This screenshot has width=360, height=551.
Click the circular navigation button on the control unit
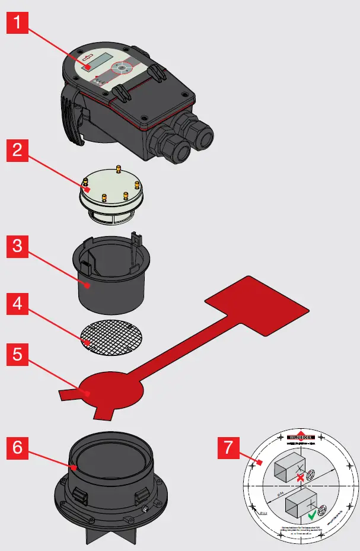[122, 68]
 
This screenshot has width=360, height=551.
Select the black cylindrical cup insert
[111, 279]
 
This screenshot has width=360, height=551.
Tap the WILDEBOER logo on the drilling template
[301, 435]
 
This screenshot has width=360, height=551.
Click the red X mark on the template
[301, 477]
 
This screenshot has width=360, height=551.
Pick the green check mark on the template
[313, 515]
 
